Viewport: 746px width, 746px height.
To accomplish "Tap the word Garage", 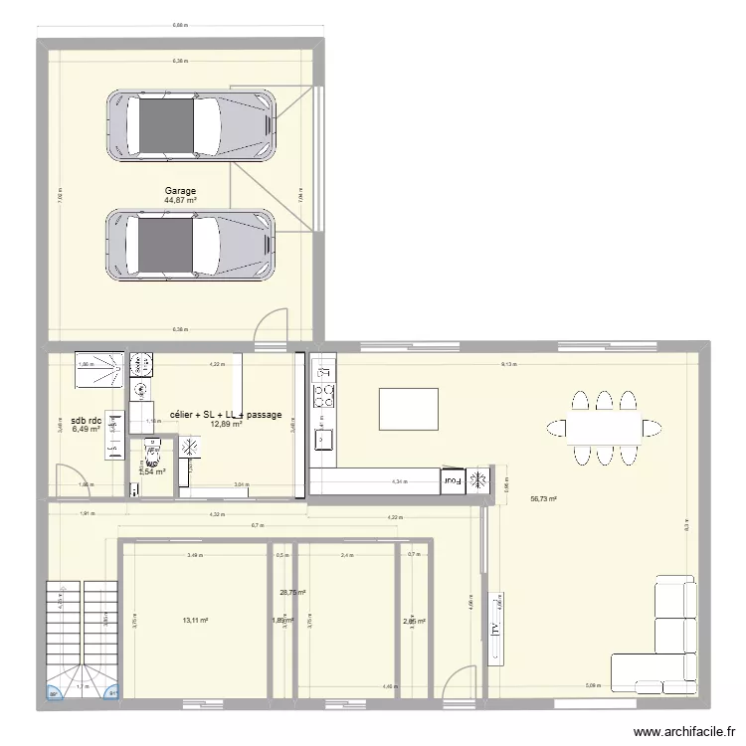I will coord(181,191).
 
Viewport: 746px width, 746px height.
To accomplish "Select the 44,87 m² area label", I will coord(181,200).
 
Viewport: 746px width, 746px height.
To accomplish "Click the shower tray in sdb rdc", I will coord(100,367).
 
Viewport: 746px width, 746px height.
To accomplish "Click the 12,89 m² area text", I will coord(199,425).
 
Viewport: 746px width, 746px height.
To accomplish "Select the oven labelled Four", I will coord(453,480).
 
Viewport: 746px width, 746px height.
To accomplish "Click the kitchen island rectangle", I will coord(408,408).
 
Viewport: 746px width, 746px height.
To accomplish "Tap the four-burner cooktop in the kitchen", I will coord(324,396).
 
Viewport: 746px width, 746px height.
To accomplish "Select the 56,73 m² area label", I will coord(543,499).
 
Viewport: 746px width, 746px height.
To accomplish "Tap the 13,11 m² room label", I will coord(195,621).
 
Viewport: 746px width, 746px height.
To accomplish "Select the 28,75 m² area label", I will coord(292,594).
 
